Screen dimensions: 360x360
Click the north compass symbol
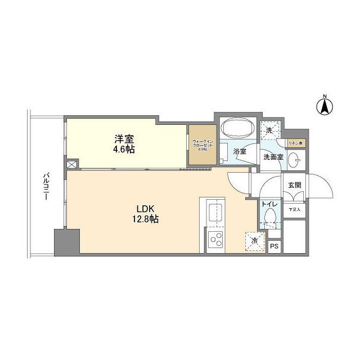click(325, 106)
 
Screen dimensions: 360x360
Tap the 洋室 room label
click(124, 139)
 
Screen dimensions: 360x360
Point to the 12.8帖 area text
click(146, 219)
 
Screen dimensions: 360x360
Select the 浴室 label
click(240, 151)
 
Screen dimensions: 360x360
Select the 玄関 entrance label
click(295, 185)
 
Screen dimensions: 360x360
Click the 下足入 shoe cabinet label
click(295, 210)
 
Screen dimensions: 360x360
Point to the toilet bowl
click(270, 217)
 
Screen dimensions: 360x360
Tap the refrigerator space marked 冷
click(254, 241)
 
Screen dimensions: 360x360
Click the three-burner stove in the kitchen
click(215, 241)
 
